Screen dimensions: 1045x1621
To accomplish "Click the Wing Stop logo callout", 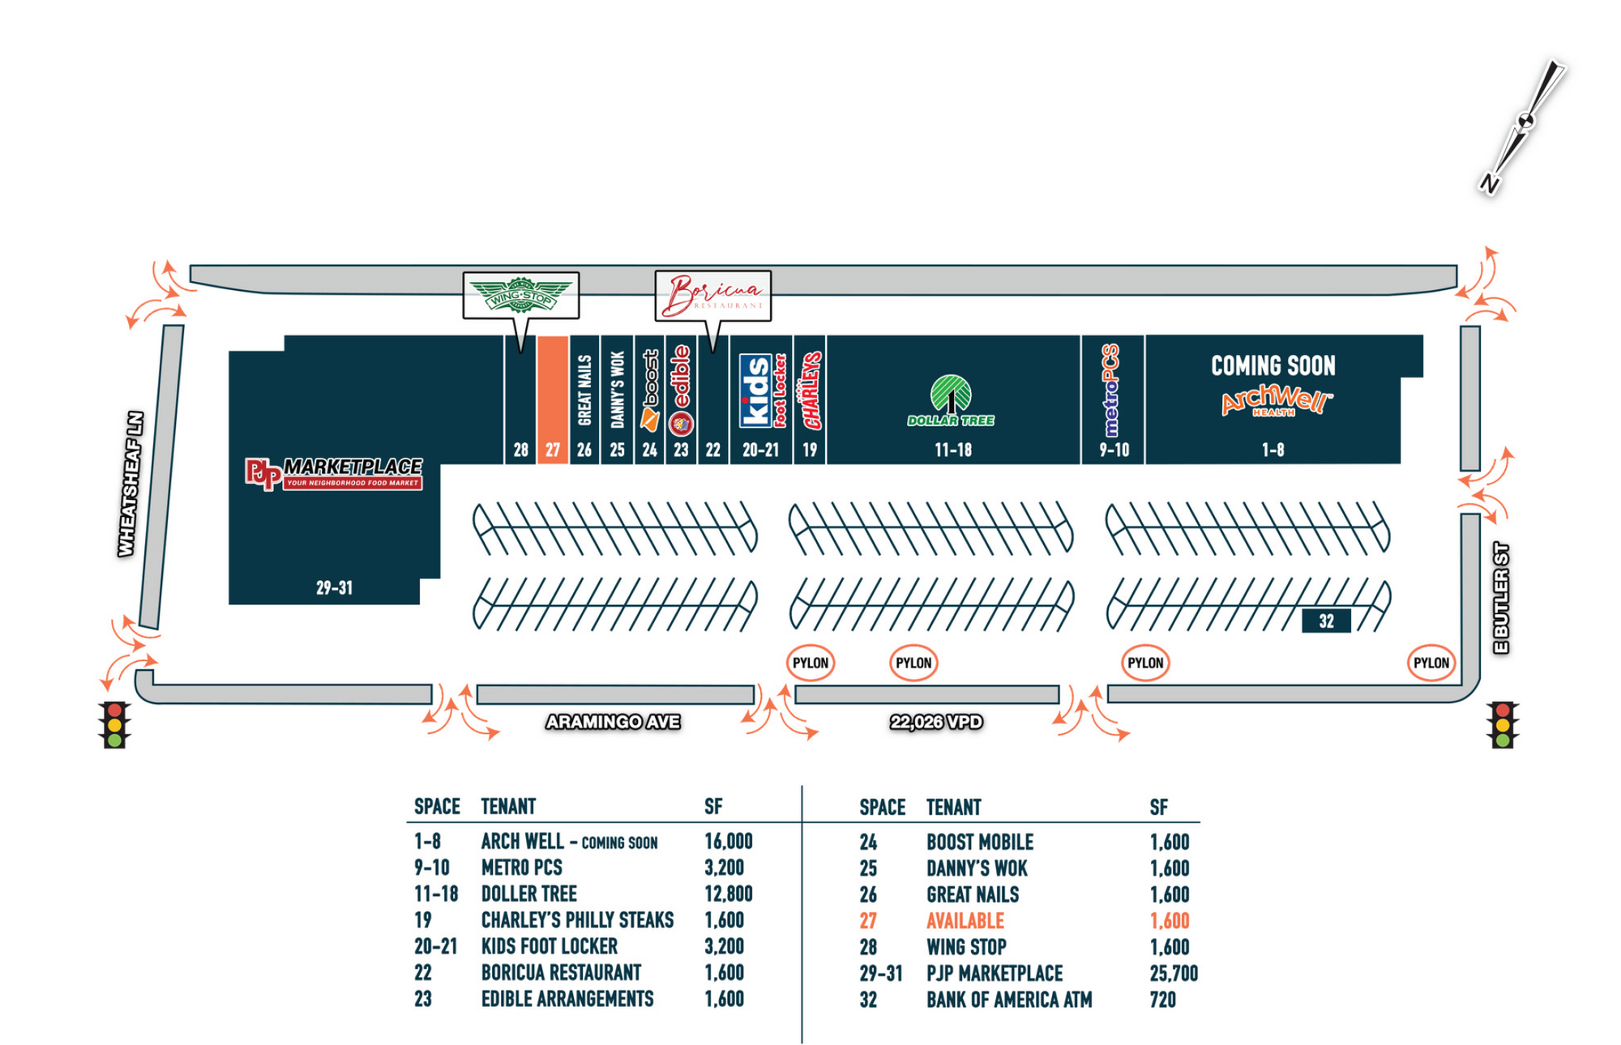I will (x=520, y=295).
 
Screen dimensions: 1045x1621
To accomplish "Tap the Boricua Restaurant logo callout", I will (x=712, y=296).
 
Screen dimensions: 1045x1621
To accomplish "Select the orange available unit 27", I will (x=552, y=399).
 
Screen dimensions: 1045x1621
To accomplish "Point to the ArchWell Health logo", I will (x=1276, y=402).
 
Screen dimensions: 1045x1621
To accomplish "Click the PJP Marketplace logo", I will (x=333, y=473).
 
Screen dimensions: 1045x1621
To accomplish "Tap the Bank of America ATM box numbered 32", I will (x=1326, y=621).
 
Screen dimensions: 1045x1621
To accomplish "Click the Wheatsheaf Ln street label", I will (x=130, y=484).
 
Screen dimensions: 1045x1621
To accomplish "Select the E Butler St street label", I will (x=1501, y=598).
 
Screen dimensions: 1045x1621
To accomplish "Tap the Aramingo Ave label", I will (x=613, y=722).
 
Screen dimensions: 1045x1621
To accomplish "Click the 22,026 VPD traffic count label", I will (x=936, y=722).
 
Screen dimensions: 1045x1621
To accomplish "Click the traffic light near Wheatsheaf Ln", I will (x=114, y=723).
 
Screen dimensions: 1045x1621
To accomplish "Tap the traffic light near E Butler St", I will (x=1503, y=723).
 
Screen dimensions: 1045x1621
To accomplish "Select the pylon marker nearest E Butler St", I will (x=1431, y=663).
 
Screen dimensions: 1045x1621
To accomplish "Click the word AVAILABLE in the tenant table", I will (x=964, y=921).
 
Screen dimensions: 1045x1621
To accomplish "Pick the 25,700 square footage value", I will (x=1173, y=973).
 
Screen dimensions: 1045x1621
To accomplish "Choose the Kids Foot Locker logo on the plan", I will (x=762, y=390).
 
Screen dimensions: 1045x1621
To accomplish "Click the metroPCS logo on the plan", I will (x=1111, y=390).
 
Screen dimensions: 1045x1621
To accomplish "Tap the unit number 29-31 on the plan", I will (x=334, y=588).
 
